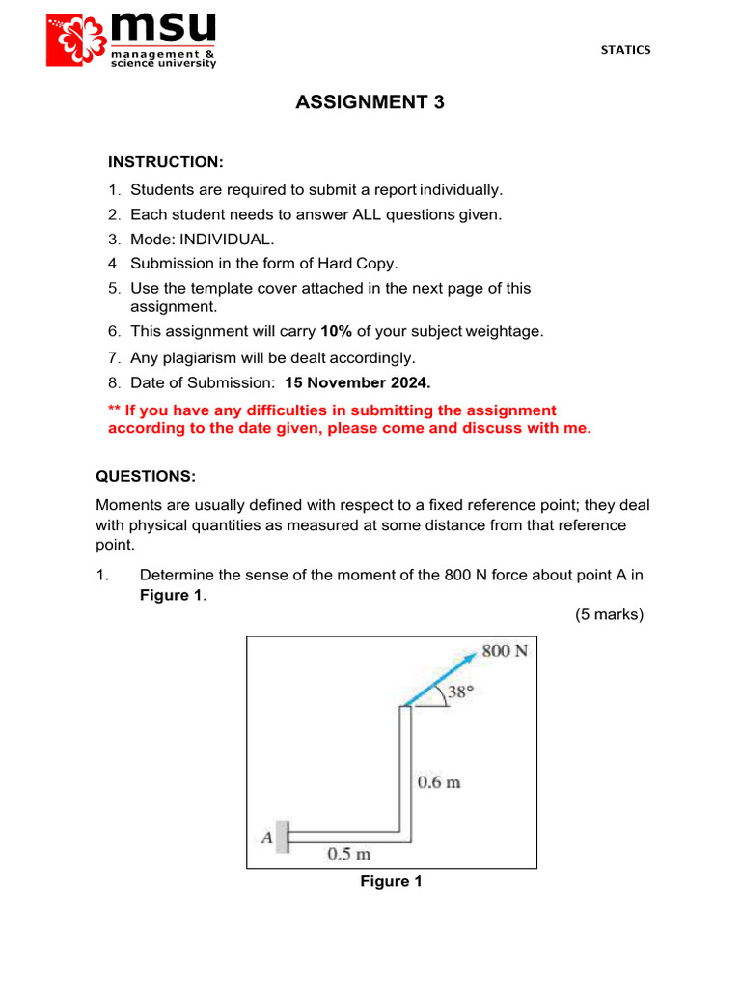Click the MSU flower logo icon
(77, 40)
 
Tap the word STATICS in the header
(625, 50)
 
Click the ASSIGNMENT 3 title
(370, 102)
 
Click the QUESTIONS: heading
(146, 477)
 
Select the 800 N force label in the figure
(505, 651)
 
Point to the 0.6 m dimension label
(439, 782)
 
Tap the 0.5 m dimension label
(348, 854)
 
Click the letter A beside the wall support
(266, 837)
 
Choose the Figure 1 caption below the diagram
(391, 881)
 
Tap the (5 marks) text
(609, 614)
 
